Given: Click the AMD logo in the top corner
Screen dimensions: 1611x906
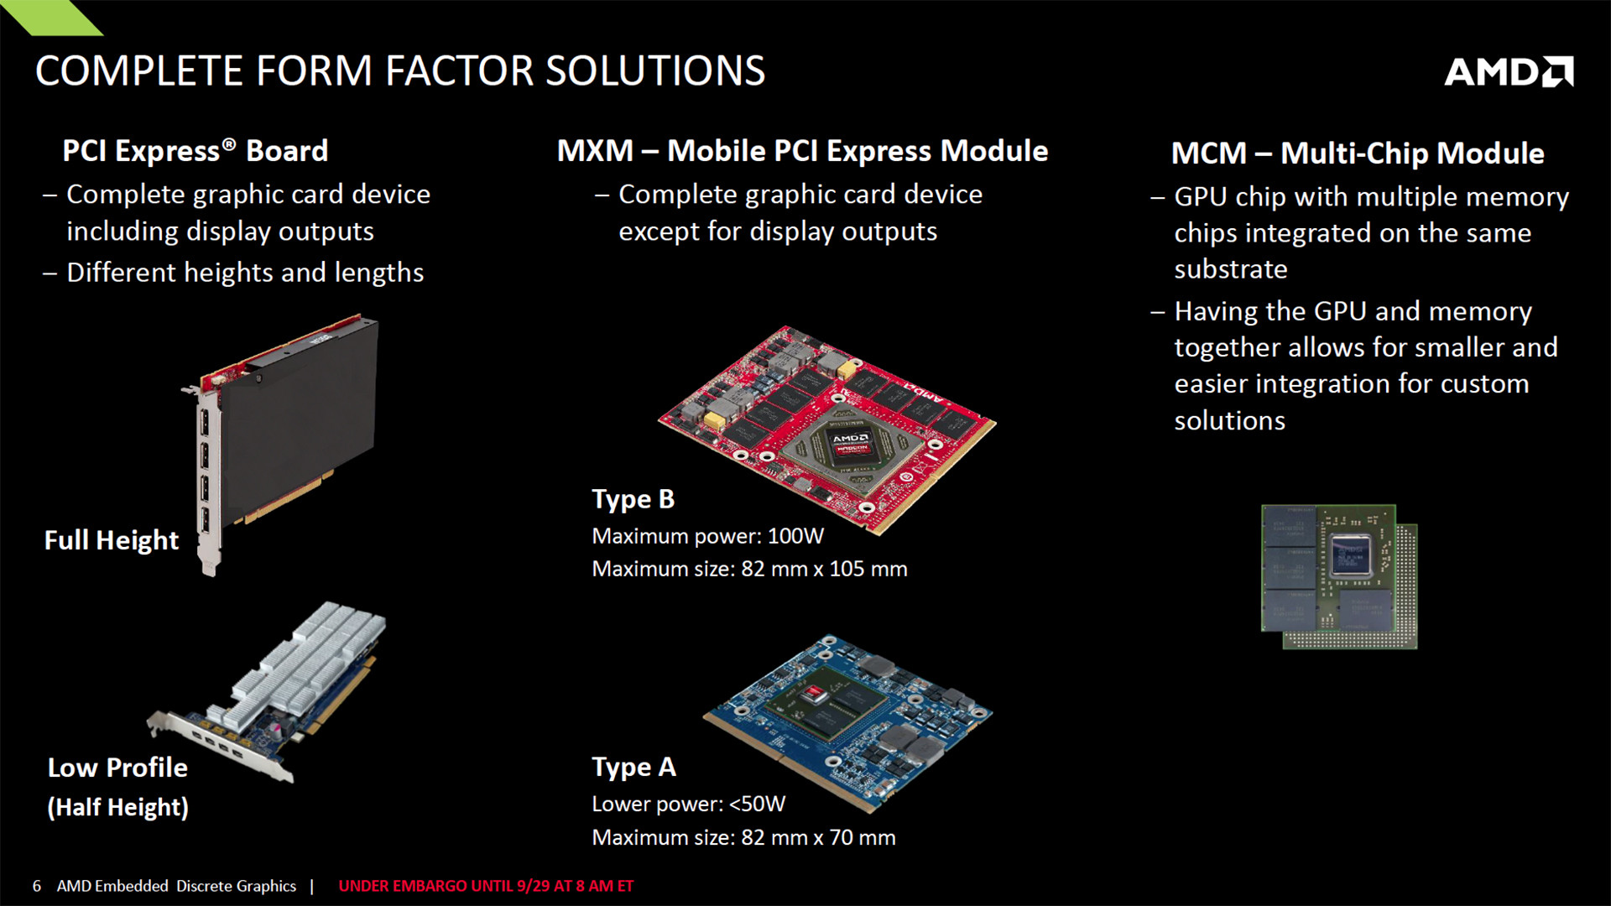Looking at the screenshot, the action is (x=1509, y=72).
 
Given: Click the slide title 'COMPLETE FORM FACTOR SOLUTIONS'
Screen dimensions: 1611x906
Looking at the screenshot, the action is (x=400, y=70).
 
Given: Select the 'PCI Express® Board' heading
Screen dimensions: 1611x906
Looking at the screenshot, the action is (x=196, y=151).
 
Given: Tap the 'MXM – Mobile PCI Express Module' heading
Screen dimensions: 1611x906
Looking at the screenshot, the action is (x=803, y=151).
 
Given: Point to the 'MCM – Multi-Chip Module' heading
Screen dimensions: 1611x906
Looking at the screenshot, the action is (x=1358, y=154).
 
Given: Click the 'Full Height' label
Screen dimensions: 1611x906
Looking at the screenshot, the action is (x=112, y=540).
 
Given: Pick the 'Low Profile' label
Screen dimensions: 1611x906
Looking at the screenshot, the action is (x=117, y=768).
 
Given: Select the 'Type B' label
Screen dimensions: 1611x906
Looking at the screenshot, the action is (x=633, y=499).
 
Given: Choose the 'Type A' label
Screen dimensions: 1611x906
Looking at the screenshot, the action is (x=633, y=768).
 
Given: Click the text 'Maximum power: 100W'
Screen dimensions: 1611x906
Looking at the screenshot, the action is (x=708, y=536).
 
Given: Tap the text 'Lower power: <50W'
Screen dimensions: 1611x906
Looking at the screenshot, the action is (x=689, y=804).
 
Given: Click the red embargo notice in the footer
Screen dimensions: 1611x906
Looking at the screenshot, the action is (x=486, y=886).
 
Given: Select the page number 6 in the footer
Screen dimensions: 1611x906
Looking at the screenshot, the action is (x=37, y=886).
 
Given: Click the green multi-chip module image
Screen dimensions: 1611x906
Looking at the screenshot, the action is (x=1339, y=576).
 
